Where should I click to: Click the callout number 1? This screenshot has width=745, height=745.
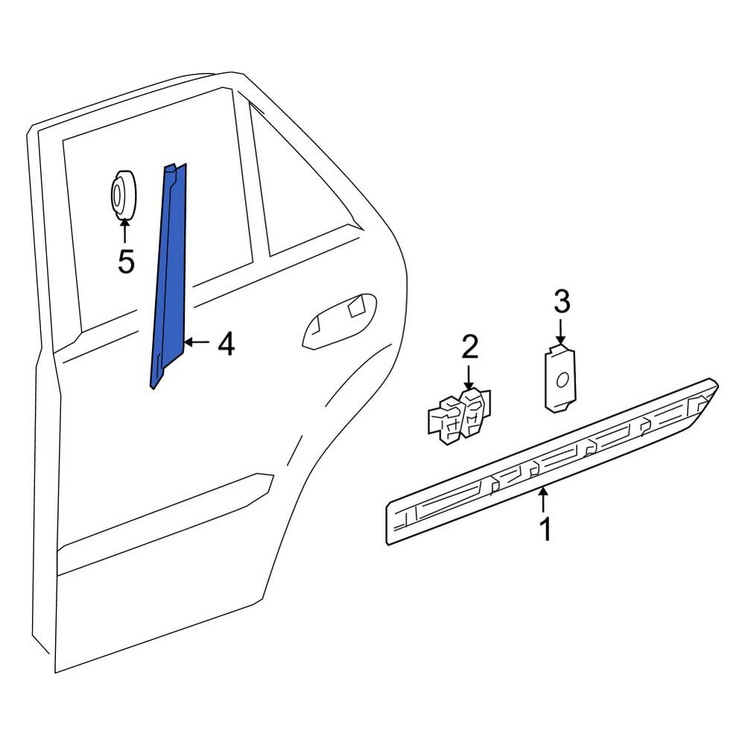546,529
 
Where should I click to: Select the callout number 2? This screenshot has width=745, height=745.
469,347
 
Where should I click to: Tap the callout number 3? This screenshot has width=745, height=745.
562,302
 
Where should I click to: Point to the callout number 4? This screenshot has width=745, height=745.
226,344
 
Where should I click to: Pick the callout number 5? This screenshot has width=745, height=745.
126,261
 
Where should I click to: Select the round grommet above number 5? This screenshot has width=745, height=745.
123,194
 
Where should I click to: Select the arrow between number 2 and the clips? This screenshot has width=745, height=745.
469,377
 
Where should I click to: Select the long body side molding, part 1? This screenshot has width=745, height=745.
551,461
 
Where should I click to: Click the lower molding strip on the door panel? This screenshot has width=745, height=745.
164,513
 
